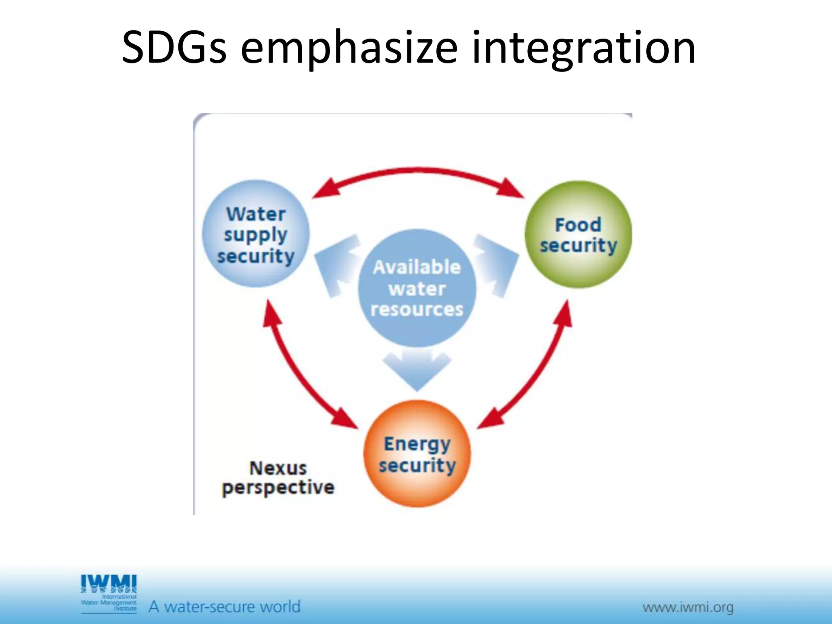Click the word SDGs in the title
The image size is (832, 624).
(x=173, y=48)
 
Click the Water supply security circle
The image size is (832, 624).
(x=256, y=234)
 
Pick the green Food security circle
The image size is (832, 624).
(x=578, y=235)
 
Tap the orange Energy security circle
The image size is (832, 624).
(x=417, y=454)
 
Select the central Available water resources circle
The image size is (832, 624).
(x=417, y=288)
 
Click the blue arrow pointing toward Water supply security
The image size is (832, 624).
(x=335, y=264)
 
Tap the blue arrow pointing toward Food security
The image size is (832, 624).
(x=498, y=264)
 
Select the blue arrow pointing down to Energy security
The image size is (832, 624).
(x=417, y=368)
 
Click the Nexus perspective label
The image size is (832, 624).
(x=278, y=478)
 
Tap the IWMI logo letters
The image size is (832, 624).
(x=109, y=584)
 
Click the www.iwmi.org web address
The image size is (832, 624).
(x=688, y=608)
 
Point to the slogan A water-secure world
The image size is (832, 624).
(x=224, y=607)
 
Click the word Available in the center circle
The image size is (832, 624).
(x=417, y=267)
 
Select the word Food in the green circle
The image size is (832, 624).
(x=578, y=225)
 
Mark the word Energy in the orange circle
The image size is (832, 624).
(x=417, y=444)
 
